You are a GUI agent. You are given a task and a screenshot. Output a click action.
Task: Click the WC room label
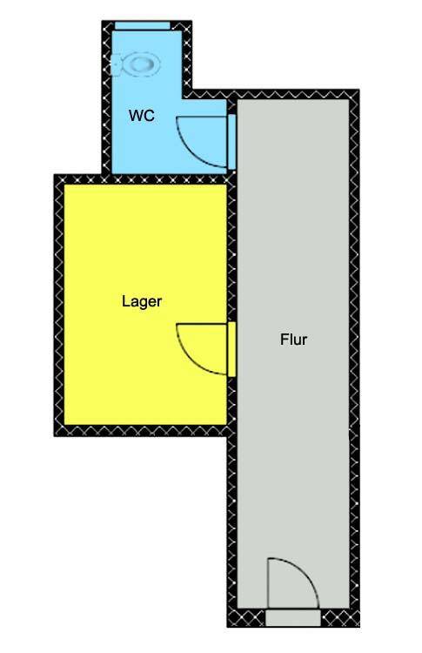[x=142, y=115]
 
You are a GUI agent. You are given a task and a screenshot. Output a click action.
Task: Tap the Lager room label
[x=142, y=301]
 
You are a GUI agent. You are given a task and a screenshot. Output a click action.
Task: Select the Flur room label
[x=293, y=340]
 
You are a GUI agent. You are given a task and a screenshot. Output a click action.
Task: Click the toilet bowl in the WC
[x=144, y=64]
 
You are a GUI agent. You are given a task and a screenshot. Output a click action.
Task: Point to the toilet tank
[x=117, y=65]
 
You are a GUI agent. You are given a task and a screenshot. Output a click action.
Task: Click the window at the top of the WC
[x=143, y=26]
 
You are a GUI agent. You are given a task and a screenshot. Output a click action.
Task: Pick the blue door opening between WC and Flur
[x=231, y=142]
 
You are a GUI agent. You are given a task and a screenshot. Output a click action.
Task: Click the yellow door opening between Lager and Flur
[x=231, y=349]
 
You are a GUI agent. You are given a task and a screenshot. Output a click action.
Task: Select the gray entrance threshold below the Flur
[x=293, y=618]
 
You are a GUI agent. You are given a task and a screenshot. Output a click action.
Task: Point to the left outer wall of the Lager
[x=58, y=305]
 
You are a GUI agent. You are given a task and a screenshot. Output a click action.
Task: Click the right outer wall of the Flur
[x=354, y=358]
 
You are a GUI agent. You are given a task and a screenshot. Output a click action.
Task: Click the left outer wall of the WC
[x=107, y=98]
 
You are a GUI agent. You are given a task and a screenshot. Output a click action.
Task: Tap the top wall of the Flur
[x=271, y=94]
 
